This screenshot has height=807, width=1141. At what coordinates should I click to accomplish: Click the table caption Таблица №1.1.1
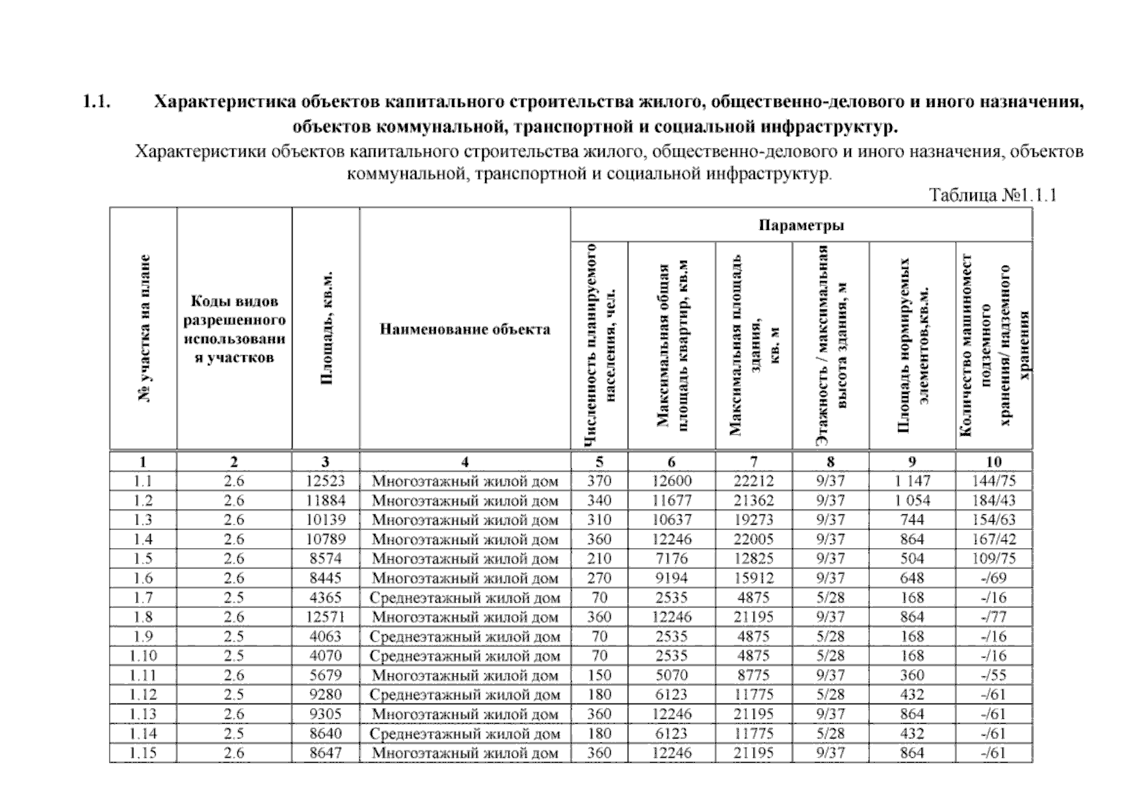pyautogui.click(x=992, y=196)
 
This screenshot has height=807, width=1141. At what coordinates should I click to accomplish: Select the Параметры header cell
pyautogui.click(x=801, y=225)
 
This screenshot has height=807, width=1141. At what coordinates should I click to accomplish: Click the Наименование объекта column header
pyautogui.click(x=465, y=330)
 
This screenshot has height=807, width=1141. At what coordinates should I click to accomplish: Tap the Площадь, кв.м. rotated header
pyautogui.click(x=326, y=328)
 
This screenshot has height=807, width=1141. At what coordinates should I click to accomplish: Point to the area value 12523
pyautogui.click(x=326, y=481)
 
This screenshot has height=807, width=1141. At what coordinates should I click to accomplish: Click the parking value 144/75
pyautogui.click(x=993, y=481)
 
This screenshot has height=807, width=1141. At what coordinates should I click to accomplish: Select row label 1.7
pyautogui.click(x=143, y=597)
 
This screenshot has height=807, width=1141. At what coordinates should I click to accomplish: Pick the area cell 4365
pyautogui.click(x=326, y=597)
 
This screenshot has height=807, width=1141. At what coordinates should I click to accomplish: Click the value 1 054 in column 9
pyautogui.click(x=912, y=500)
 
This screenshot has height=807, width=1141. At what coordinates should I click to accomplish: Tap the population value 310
pyautogui.click(x=599, y=520)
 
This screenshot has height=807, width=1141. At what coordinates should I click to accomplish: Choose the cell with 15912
pyautogui.click(x=753, y=578)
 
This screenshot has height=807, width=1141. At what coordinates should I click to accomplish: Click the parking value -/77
pyautogui.click(x=993, y=617)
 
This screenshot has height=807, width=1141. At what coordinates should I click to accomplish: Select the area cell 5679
pyautogui.click(x=326, y=675)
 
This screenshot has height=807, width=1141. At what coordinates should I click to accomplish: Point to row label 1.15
pyautogui.click(x=143, y=753)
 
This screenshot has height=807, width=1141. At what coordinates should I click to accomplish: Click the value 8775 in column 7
pyautogui.click(x=753, y=675)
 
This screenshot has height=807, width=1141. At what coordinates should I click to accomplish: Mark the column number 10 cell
pyautogui.click(x=993, y=462)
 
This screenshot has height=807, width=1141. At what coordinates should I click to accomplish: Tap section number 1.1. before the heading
pyautogui.click(x=96, y=102)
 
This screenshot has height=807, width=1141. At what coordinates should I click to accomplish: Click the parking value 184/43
pyautogui.click(x=993, y=500)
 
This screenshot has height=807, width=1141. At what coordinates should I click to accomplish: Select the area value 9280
pyautogui.click(x=326, y=695)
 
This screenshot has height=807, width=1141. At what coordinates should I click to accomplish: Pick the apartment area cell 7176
pyautogui.click(x=671, y=558)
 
